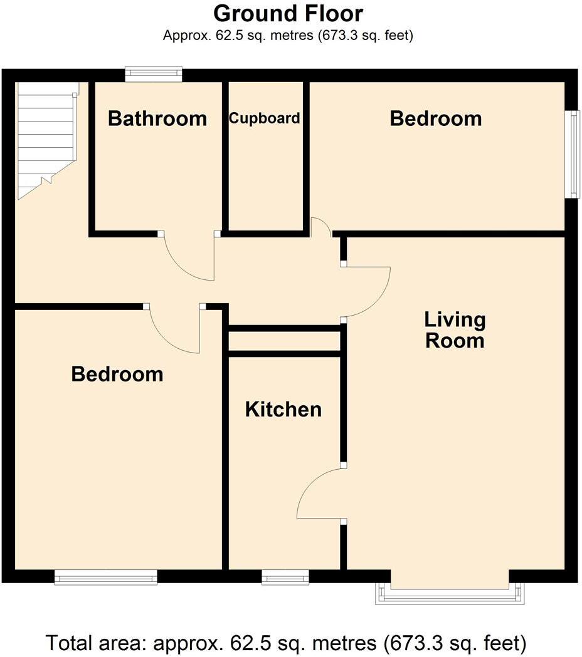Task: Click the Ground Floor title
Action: pos(288,13)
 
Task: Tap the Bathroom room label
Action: pos(157,118)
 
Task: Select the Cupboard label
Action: pos(264,118)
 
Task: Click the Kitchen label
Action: pos(283,410)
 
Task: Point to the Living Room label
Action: pos(455,330)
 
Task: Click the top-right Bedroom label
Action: pos(436,118)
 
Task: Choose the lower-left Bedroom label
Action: pos(117,375)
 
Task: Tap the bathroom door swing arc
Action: pos(188,260)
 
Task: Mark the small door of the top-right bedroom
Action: pos(321,227)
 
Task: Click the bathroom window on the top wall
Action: pos(154,75)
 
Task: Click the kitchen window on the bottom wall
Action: pos(285,577)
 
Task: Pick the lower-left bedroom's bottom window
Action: pos(105,577)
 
